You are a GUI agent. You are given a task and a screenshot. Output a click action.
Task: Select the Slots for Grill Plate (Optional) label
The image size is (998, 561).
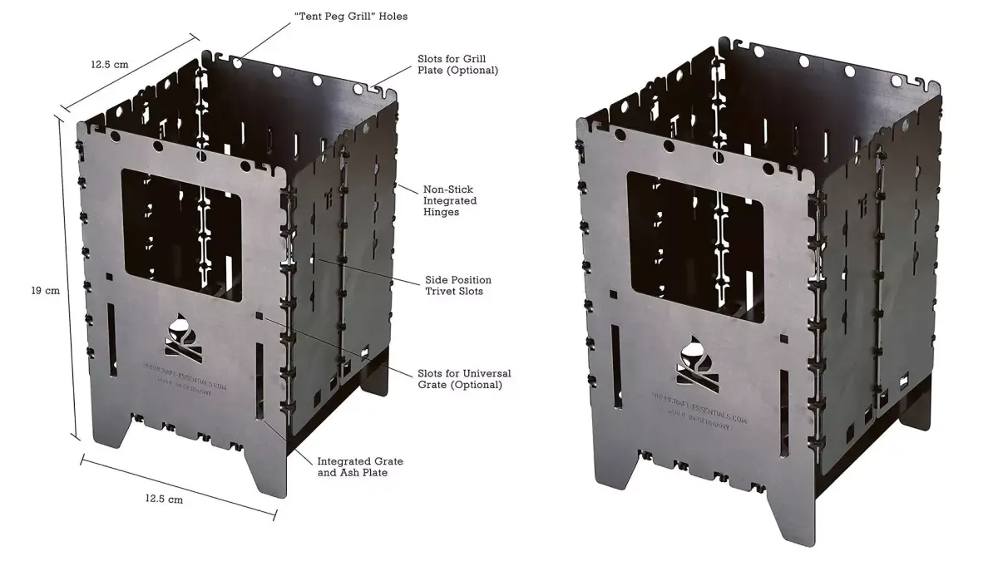click(457, 65)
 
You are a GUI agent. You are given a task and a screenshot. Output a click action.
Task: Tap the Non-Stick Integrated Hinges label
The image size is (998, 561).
click(450, 200)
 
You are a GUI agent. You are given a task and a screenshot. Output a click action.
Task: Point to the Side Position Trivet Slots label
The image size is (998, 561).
click(457, 285)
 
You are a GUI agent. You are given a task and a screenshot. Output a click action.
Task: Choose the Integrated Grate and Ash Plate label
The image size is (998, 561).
click(360, 466)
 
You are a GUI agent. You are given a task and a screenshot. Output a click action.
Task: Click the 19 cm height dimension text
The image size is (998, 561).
click(45, 291)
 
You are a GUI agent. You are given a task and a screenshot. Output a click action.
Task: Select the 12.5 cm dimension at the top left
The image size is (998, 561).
click(111, 64)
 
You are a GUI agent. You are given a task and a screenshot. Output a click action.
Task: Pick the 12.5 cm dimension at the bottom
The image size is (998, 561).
click(164, 499)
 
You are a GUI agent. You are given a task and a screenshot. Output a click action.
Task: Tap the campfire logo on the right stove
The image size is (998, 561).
click(693, 360)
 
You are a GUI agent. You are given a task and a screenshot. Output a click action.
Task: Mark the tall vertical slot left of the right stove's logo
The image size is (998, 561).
click(615, 366)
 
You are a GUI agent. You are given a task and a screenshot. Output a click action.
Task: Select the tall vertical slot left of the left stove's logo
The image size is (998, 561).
click(111, 336)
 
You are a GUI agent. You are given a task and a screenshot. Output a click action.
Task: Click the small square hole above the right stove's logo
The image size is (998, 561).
click(783, 339)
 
